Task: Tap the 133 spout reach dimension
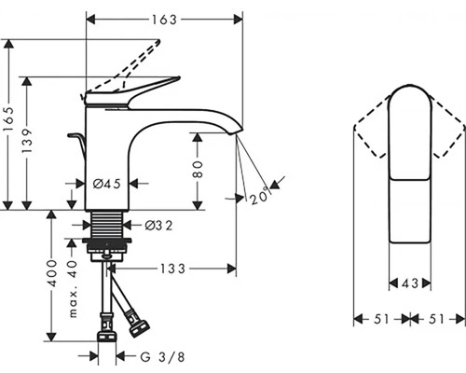pos(170,269)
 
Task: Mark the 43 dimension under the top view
pos(408,283)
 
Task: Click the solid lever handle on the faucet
pos(135,89)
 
